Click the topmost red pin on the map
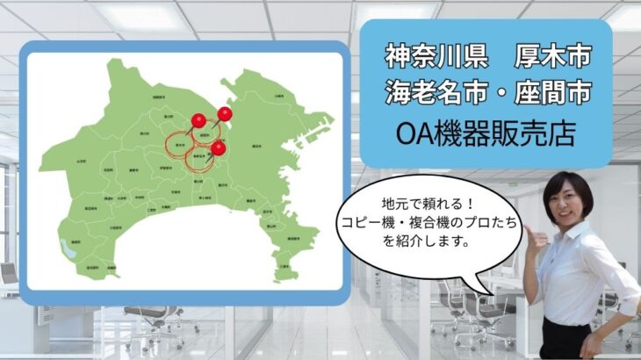coord(226,113)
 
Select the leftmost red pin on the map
coord(198,119)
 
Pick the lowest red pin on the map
coord(218,148)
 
